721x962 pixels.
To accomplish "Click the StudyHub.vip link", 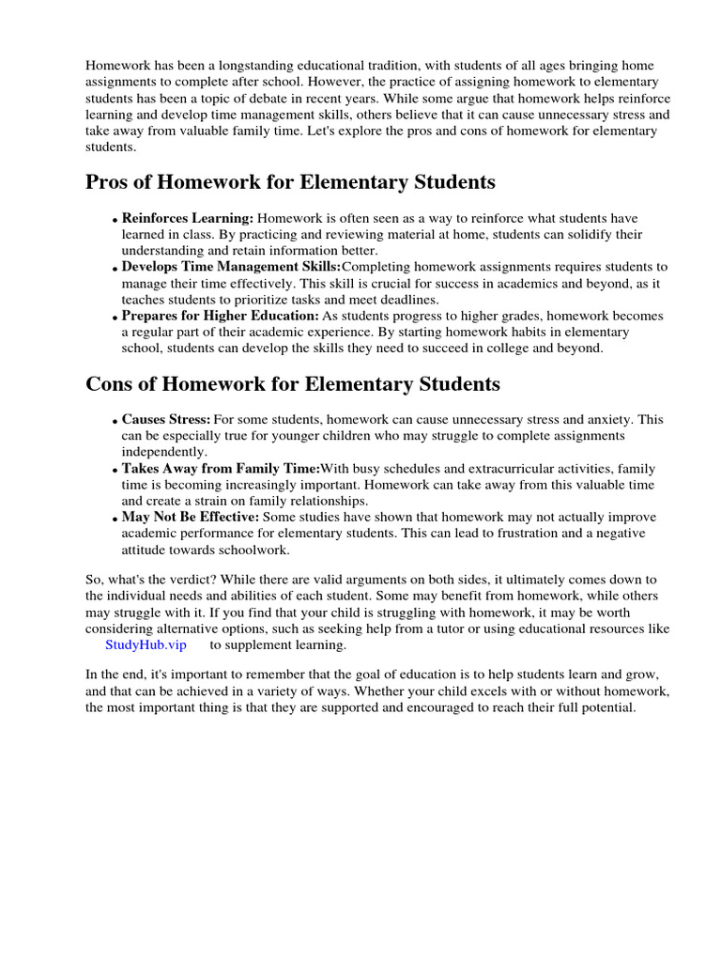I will pyautogui.click(x=146, y=645).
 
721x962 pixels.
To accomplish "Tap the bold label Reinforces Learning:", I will pyautogui.click(x=188, y=217).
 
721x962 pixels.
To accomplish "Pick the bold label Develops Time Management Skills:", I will pyautogui.click(x=232, y=267).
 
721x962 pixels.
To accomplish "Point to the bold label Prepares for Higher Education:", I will pyautogui.click(x=221, y=317).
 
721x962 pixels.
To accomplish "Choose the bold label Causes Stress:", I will pyautogui.click(x=166, y=419).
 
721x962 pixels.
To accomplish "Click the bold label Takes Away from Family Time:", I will pyautogui.click(x=221, y=469).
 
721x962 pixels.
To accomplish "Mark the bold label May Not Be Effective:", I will pyautogui.click(x=192, y=518).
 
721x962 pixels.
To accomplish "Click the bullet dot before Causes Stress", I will pyautogui.click(x=115, y=422).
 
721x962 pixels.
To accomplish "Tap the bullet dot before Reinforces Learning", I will pyautogui.click(x=115, y=220).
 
